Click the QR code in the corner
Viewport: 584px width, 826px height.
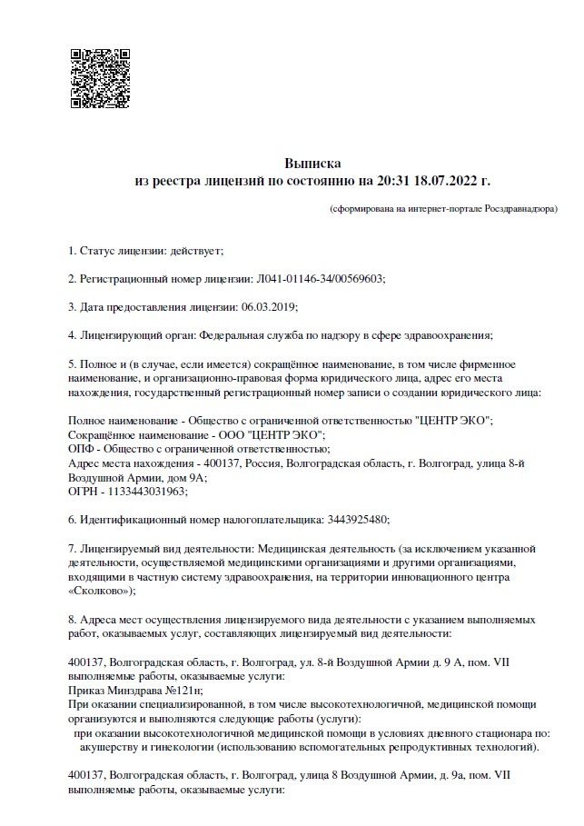click(x=99, y=72)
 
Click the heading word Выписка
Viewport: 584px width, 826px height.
click(x=312, y=164)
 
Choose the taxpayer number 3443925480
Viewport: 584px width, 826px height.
click(x=356, y=520)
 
